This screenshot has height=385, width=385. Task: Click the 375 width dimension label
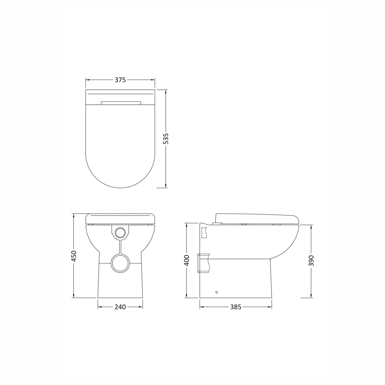(120, 80)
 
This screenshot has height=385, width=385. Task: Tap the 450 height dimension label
(74, 256)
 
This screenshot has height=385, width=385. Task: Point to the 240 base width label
(120, 307)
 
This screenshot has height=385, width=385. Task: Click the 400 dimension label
(187, 260)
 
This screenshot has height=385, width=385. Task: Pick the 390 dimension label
(311, 261)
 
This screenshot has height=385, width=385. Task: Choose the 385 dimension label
(236, 307)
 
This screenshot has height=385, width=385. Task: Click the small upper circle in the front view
(120, 232)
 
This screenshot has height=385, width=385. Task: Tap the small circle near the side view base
(216, 292)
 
